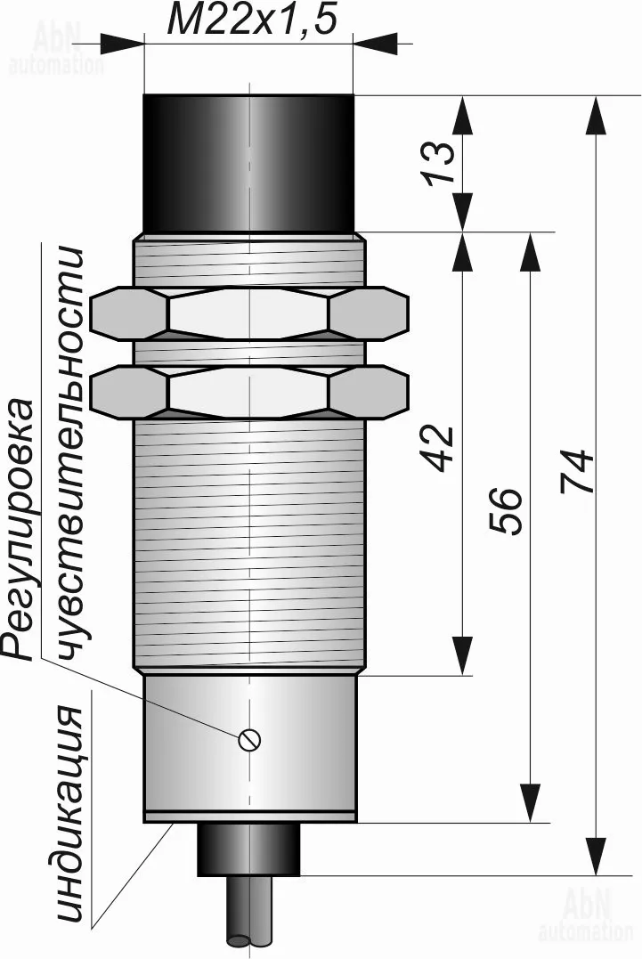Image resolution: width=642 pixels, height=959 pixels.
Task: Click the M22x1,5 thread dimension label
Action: coord(252,20)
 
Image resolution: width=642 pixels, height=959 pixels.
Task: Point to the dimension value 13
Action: coord(441,162)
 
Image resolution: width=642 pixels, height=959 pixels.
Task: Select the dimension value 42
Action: coord(441,448)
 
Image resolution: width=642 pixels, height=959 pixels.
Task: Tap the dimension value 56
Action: coord(508,511)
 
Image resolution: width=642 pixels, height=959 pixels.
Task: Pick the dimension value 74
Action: coord(577,471)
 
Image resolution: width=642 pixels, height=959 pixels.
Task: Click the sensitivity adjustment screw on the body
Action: coord(250,739)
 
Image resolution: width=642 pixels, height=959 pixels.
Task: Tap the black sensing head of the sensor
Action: coord(248,163)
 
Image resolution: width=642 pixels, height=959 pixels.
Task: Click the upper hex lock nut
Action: coord(248,313)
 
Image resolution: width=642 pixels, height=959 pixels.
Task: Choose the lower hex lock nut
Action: coord(248,392)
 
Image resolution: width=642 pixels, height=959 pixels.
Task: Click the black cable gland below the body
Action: coord(248,849)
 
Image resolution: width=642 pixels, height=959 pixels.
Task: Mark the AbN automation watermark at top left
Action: coord(56,48)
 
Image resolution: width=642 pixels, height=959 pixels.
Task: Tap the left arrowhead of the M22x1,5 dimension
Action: coord(121,44)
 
